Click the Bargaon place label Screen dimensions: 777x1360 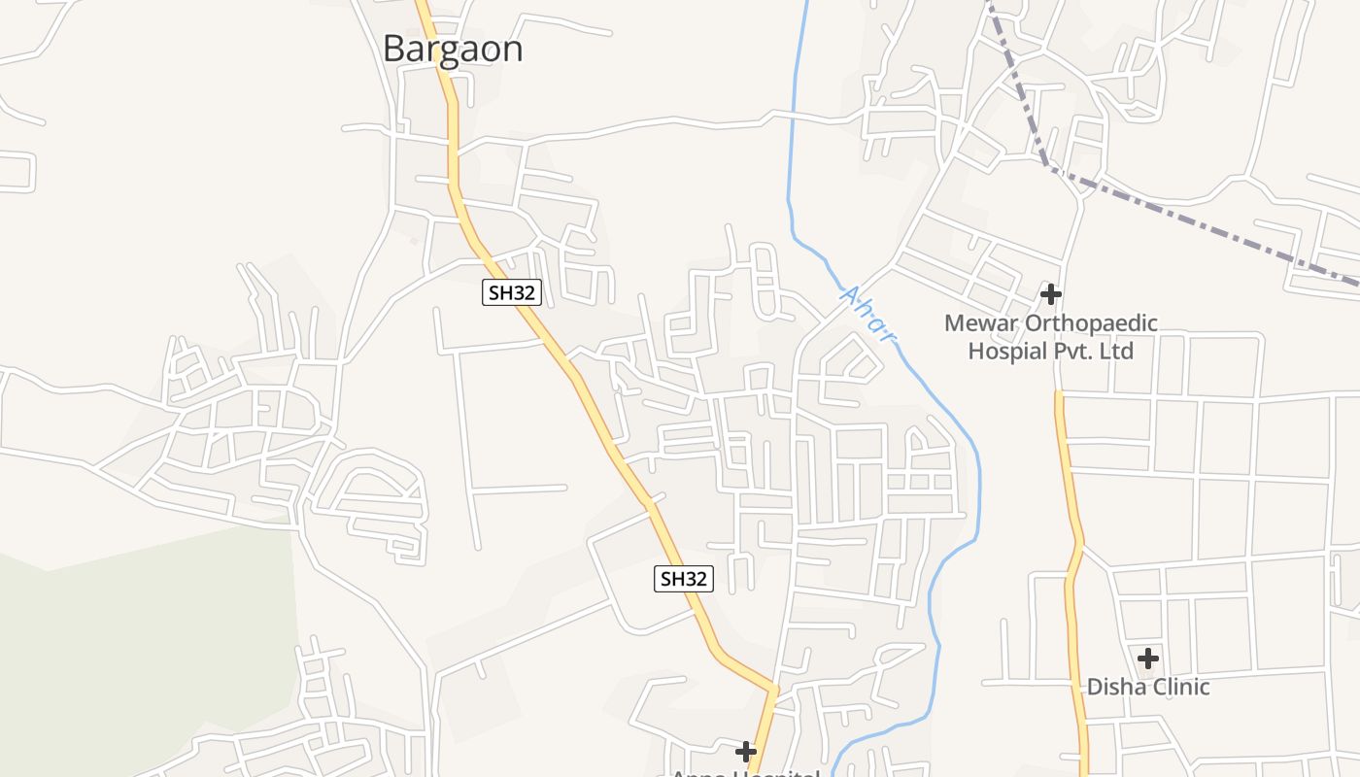(x=453, y=49)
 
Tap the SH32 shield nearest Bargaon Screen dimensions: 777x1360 (x=511, y=292)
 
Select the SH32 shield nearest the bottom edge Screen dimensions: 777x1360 (x=683, y=579)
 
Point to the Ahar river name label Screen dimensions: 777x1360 (x=866, y=314)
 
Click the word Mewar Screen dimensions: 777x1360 (x=982, y=323)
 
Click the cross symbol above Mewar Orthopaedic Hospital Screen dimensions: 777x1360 (x=1050, y=293)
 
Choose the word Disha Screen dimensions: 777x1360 (x=1114, y=687)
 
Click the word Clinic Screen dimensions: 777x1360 (x=1178, y=687)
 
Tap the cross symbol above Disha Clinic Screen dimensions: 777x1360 (x=1148, y=658)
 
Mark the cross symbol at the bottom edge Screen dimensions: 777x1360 (x=745, y=751)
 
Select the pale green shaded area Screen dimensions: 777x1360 (x=146, y=641)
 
